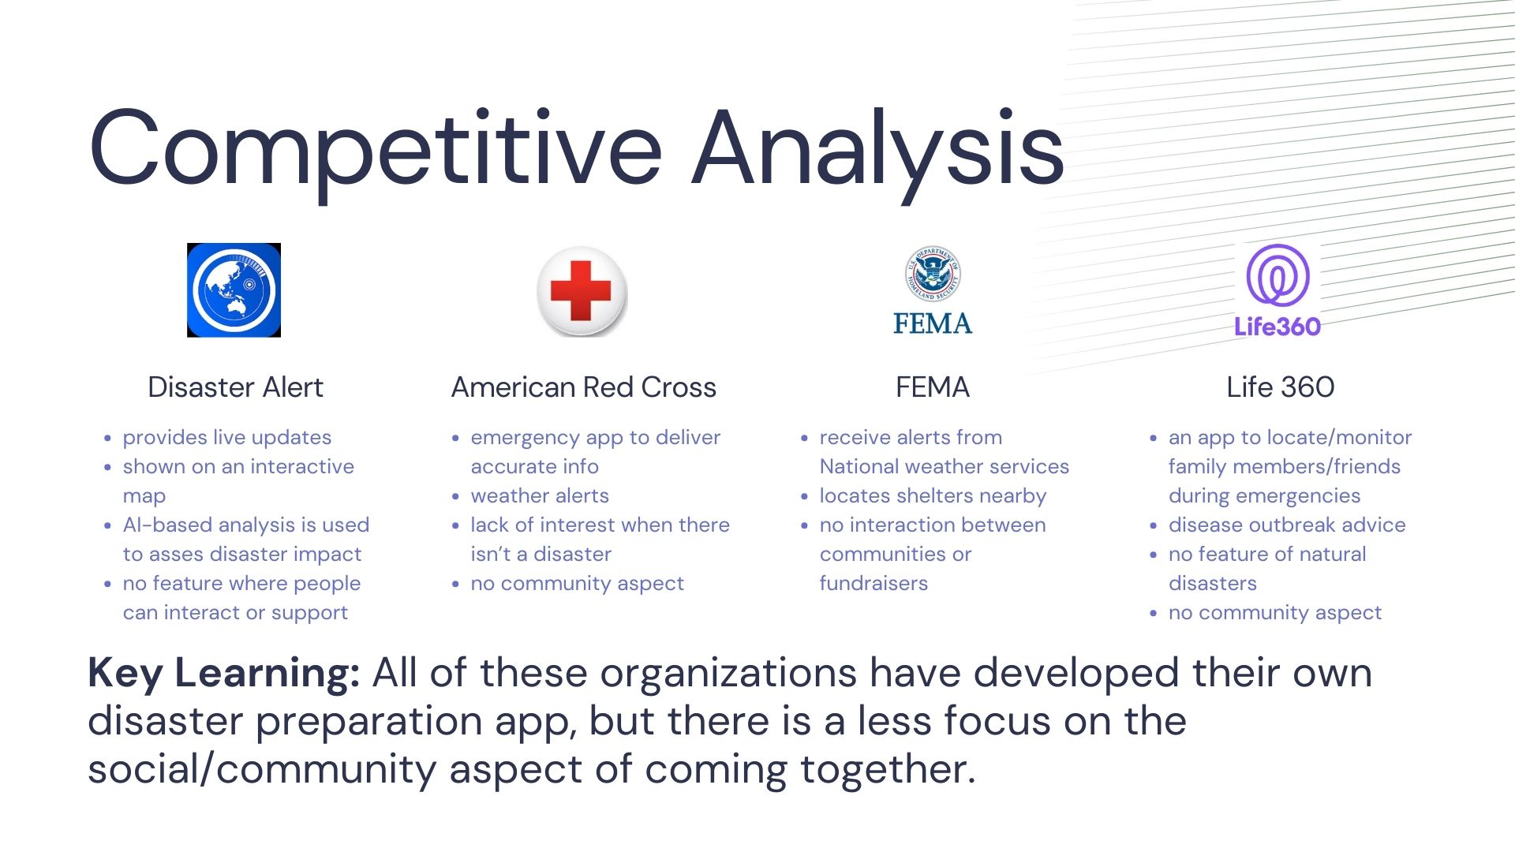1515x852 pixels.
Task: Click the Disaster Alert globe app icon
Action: click(x=234, y=290)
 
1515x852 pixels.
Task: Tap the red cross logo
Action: click(x=582, y=291)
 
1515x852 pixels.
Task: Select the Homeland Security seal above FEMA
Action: click(x=933, y=274)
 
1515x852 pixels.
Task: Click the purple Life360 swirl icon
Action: click(x=1277, y=275)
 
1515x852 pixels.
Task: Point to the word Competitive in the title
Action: click(x=376, y=149)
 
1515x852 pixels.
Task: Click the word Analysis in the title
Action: click(x=878, y=149)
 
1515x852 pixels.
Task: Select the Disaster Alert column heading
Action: click(x=235, y=387)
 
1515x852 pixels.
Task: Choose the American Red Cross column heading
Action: click(x=584, y=387)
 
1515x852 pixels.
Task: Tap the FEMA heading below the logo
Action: click(x=933, y=387)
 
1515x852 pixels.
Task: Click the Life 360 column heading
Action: click(x=1281, y=387)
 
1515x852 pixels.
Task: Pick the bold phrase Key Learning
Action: click(x=224, y=674)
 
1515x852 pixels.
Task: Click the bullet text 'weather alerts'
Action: click(x=540, y=495)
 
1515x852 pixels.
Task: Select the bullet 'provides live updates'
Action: click(x=227, y=438)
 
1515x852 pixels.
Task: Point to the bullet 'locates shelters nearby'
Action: click(x=933, y=496)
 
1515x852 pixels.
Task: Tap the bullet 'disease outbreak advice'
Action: click(x=1287, y=525)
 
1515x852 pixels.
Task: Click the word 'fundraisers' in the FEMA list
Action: click(x=873, y=583)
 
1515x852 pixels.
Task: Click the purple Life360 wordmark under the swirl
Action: click(x=1277, y=327)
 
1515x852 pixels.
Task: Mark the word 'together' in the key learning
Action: click(x=888, y=770)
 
